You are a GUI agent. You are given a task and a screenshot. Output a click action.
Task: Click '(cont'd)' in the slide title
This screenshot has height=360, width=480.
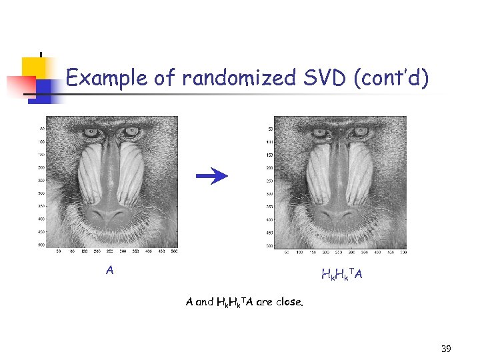(392, 79)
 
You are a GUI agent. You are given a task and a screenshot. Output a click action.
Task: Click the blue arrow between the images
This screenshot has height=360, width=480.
(212, 175)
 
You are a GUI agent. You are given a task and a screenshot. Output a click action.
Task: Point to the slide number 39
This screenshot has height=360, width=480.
(446, 349)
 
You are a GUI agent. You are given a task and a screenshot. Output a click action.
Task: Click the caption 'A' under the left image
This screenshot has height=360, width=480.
(110, 270)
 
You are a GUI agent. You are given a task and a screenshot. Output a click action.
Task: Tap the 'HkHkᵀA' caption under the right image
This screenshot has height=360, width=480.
(342, 274)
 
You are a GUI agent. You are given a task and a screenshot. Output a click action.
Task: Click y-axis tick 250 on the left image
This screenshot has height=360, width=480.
(41, 180)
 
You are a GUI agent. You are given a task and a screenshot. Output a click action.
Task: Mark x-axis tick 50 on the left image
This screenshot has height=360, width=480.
(58, 251)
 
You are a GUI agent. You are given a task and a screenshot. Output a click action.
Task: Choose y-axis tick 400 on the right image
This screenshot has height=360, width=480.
(270, 219)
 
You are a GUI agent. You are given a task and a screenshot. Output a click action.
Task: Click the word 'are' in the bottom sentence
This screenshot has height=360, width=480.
(264, 302)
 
